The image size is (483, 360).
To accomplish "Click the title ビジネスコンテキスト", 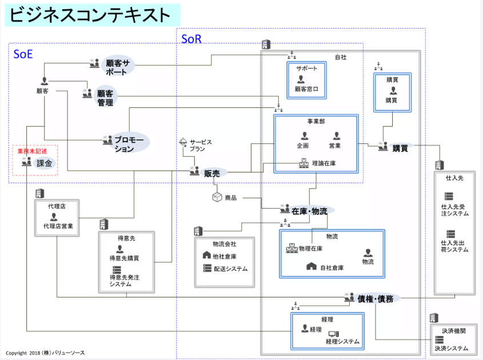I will (x=91, y=15).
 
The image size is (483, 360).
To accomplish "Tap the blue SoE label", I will (x=23, y=54).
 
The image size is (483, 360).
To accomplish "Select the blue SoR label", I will (x=191, y=39).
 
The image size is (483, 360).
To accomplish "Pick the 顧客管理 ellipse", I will (x=105, y=97).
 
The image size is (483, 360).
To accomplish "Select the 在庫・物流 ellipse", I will (x=309, y=211).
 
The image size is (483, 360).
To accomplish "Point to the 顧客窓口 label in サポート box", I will (x=306, y=89).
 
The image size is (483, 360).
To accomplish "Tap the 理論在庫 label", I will (x=324, y=163).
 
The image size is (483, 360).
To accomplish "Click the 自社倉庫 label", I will (x=331, y=267).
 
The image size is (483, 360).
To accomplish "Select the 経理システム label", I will (x=342, y=342).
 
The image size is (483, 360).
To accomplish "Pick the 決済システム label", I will (x=451, y=348).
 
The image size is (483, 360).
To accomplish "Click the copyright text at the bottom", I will (x=46, y=353).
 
